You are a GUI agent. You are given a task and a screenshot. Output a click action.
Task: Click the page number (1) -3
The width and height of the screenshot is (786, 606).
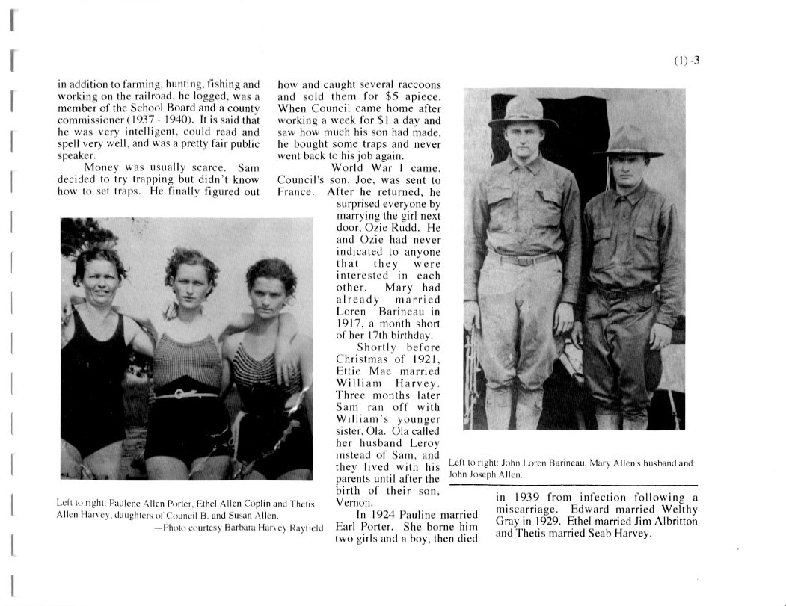pyautogui.click(x=687, y=61)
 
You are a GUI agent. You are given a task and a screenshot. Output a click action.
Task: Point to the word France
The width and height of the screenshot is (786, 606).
pyautogui.click(x=295, y=191)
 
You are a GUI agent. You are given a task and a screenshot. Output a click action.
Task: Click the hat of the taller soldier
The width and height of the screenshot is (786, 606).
pyautogui.click(x=523, y=111)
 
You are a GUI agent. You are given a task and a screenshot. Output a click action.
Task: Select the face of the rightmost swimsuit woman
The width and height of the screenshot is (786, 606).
pyautogui.click(x=266, y=290)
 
